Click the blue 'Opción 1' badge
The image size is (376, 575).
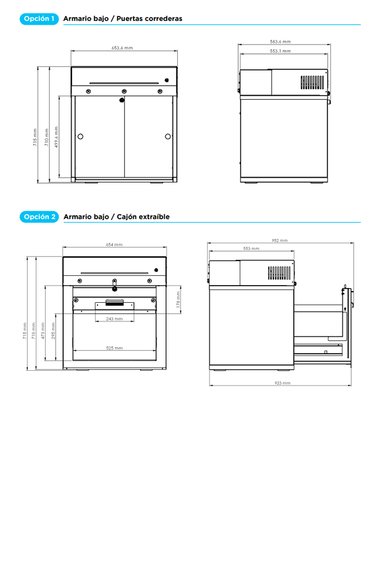(x=39, y=19)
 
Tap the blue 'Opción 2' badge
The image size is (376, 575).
(x=39, y=217)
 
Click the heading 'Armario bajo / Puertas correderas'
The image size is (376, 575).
(x=123, y=19)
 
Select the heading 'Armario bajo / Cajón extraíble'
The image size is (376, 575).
(x=117, y=217)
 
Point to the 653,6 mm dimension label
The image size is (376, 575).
(x=123, y=48)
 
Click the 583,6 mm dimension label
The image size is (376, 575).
(x=280, y=42)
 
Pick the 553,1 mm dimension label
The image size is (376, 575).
(x=280, y=52)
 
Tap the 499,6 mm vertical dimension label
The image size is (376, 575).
(x=56, y=137)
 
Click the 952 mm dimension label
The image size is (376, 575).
(x=280, y=241)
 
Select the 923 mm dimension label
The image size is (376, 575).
(x=283, y=383)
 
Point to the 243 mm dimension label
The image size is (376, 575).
(x=114, y=319)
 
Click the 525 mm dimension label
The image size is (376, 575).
(x=114, y=348)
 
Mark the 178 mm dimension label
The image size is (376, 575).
(x=178, y=300)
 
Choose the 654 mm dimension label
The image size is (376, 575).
(x=114, y=245)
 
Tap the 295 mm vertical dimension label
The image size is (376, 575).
(x=53, y=331)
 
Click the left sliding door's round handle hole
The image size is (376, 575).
(x=80, y=136)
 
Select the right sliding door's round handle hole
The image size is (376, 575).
(x=168, y=136)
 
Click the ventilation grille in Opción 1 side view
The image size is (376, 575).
(x=312, y=83)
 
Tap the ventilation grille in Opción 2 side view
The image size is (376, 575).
(x=279, y=273)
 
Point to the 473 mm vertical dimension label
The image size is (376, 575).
(x=43, y=331)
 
